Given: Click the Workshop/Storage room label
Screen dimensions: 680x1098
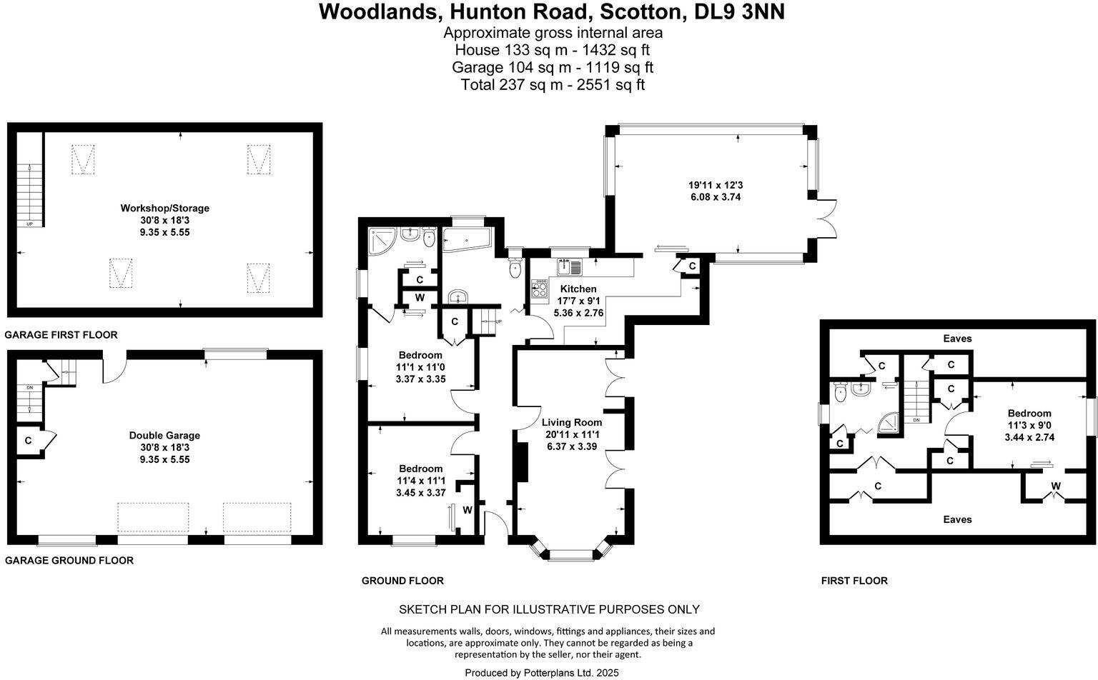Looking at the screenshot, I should click(164, 209).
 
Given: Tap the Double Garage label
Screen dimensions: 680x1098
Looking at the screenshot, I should click(164, 435).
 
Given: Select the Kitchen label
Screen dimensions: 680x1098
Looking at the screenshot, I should click(578, 289).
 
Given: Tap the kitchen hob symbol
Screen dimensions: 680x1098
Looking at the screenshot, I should click(539, 289).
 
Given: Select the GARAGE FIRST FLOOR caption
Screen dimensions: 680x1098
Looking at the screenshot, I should click(61, 334).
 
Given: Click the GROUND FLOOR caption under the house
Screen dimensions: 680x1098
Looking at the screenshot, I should click(402, 581).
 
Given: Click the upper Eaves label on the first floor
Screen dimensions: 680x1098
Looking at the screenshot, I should click(957, 338).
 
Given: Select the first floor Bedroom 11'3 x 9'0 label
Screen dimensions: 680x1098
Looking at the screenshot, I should click(1029, 414).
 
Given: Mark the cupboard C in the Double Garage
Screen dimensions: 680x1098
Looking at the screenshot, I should click(28, 441).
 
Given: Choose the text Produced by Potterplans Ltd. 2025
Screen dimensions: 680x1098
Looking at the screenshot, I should click(541, 672).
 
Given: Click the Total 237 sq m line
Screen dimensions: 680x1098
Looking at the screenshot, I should click(553, 85).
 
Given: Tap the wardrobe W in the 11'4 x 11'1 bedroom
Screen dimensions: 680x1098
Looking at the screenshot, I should click(467, 510).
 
